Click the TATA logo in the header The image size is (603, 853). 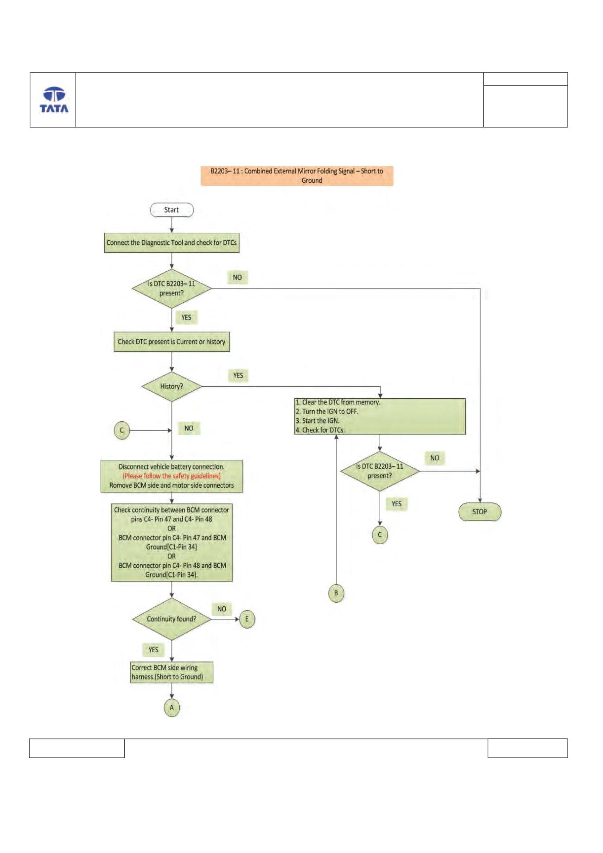tap(54, 100)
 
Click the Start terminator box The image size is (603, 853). tap(171, 210)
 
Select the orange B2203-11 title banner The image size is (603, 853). tap(297, 176)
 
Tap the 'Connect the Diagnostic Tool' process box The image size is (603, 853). tap(171, 243)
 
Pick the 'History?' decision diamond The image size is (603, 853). tap(171, 386)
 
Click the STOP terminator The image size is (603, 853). tap(480, 512)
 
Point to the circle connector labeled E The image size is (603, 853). tap(247, 619)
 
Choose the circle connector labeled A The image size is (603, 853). tap(172, 708)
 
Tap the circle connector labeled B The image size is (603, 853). tap(336, 593)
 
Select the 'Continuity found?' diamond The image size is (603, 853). tap(171, 619)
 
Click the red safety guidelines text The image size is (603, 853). tap(171, 476)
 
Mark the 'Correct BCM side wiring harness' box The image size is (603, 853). tap(172, 672)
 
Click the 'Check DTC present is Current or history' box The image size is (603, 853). tap(171, 342)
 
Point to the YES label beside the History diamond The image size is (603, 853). tap(238, 375)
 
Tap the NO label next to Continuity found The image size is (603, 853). tap(222, 609)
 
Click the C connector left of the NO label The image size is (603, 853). tap(122, 430)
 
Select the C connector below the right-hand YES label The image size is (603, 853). tap(380, 535)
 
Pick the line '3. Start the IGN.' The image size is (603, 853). tap(317, 421)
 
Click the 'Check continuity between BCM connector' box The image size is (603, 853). tap(171, 542)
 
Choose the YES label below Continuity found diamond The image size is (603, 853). tap(153, 649)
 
